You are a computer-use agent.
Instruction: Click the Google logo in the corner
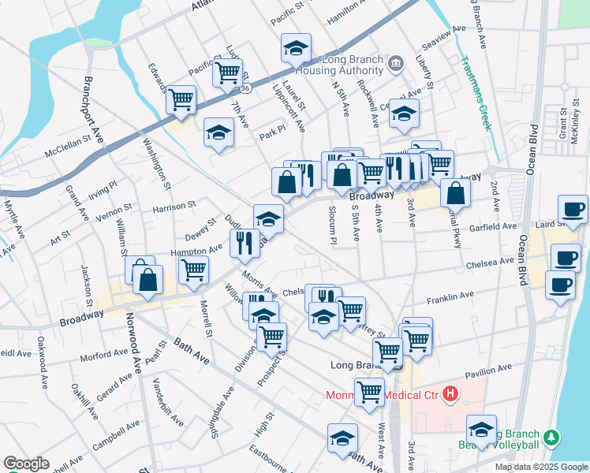tap(26, 464)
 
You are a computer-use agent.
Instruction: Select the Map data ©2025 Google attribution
tap(540, 467)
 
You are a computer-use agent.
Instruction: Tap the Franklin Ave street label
tap(450, 298)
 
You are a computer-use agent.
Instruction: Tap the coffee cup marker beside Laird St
tap(572, 209)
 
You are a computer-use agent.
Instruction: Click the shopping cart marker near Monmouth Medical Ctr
tap(368, 391)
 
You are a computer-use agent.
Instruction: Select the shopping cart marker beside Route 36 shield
tap(227, 73)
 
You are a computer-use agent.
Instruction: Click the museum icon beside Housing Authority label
tap(397, 62)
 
